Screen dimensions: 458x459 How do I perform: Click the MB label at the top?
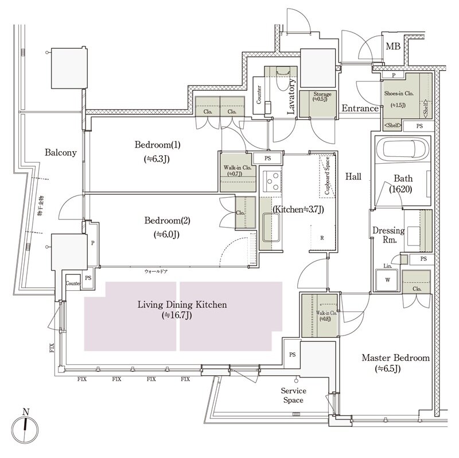(393, 47)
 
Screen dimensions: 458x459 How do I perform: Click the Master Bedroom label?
(395, 358)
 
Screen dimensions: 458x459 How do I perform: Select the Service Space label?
(293, 395)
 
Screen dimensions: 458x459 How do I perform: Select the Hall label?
(353, 177)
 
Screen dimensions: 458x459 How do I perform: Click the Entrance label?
(360, 108)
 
